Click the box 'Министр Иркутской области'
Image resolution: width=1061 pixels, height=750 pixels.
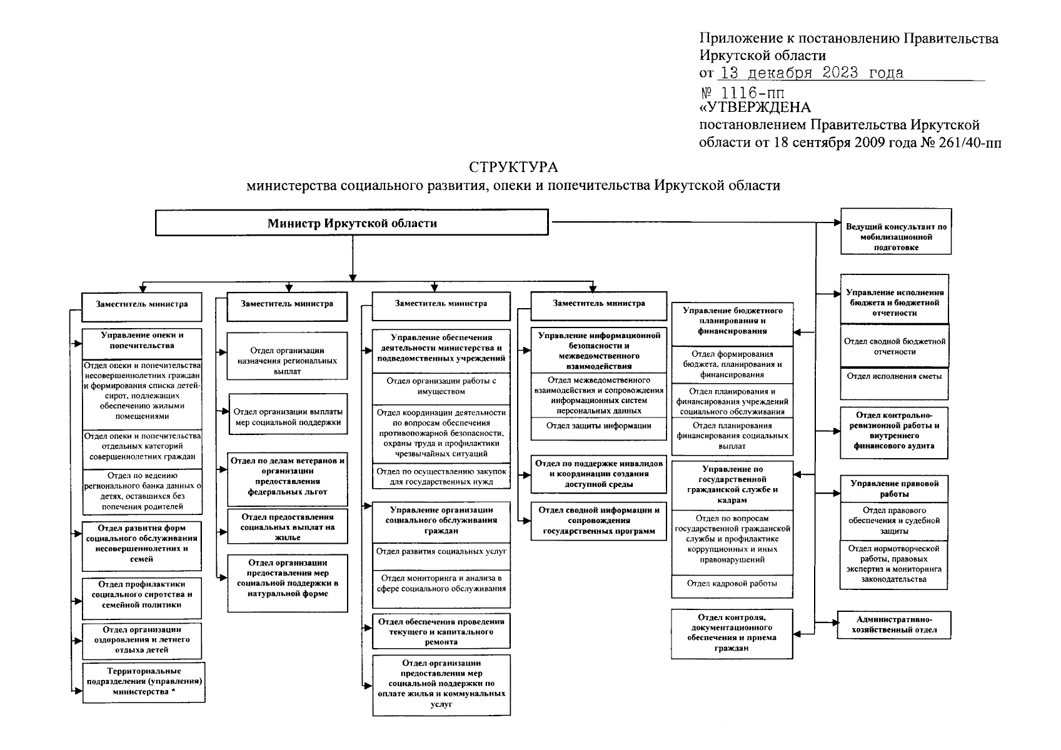351,223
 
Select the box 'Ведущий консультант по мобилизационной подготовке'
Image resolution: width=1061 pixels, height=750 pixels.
896,237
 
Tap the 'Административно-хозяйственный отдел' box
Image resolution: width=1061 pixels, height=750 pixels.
893,624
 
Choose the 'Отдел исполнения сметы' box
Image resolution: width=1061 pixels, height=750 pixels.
893,376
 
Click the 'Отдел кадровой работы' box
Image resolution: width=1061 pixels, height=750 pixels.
732,583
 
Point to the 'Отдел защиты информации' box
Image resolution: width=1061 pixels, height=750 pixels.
598,426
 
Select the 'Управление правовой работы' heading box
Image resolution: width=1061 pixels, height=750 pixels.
893,489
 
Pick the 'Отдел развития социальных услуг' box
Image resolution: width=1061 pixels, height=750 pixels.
441,551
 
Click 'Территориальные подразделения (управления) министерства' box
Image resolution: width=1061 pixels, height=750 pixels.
143,682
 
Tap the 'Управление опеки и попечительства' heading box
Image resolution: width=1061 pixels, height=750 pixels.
142,340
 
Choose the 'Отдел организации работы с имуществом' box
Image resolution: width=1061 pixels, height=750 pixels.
441,386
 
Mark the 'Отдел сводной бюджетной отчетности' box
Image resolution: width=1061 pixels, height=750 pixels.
894,346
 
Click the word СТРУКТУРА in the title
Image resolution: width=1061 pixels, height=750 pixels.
513,167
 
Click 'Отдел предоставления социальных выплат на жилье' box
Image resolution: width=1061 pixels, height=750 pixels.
287,527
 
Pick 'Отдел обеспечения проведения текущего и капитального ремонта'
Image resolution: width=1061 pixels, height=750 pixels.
441,631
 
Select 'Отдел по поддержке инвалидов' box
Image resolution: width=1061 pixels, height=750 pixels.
598,474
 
